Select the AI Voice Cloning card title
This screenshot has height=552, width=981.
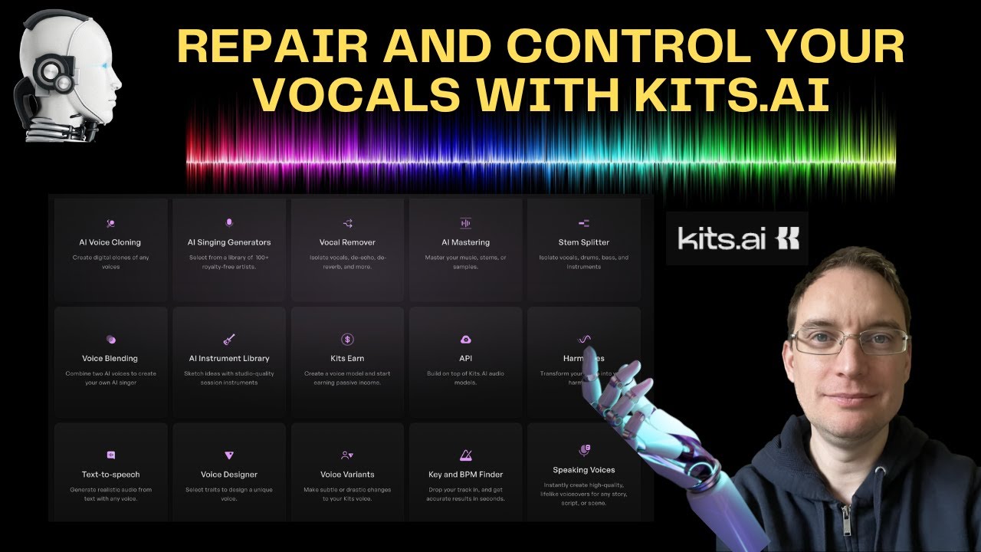[x=110, y=242]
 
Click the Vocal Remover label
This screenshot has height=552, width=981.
[x=347, y=242]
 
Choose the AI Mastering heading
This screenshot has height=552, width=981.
[x=465, y=242]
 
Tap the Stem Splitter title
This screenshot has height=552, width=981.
[x=584, y=242]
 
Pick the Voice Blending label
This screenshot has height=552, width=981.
[x=110, y=358]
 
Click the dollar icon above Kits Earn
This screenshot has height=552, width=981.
[x=347, y=339]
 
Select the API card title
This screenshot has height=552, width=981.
[x=465, y=358]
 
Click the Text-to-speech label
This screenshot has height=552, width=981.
[x=110, y=475]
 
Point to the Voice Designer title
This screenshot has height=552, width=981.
[x=229, y=475]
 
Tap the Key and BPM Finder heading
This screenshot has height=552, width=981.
[x=465, y=475]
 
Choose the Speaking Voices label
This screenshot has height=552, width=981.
[x=584, y=470]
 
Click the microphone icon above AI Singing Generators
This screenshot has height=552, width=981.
[x=229, y=222]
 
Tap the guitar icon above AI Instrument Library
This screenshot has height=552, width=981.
[x=229, y=339]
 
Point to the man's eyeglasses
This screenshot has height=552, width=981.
[x=850, y=340]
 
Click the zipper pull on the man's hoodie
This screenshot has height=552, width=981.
[x=845, y=529]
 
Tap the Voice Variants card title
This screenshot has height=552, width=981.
[x=347, y=475]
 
